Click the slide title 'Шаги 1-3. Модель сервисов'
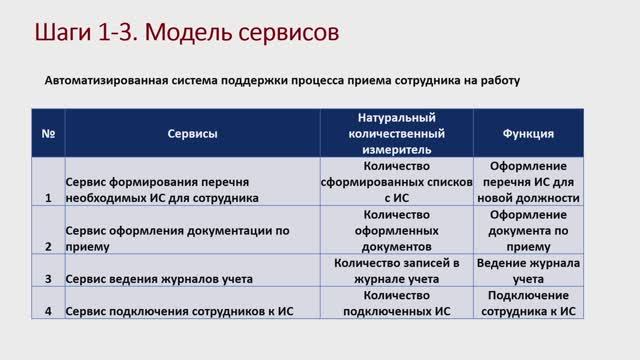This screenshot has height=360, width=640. tap(179, 32)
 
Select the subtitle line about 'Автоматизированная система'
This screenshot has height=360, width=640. tap(282, 79)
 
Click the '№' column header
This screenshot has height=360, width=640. tap(48, 132)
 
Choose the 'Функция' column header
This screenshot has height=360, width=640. tap(529, 132)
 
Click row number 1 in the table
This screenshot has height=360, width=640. tap(48, 197)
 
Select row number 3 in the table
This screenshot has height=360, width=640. tap(48, 278)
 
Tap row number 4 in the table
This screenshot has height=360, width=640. tap(48, 311)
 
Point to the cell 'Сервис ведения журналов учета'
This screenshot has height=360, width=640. tap(159, 278)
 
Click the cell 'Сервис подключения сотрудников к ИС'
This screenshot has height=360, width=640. tap(176, 311)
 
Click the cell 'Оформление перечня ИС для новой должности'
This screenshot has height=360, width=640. tap(529, 181)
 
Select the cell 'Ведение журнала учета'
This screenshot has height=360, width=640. tap(529, 270)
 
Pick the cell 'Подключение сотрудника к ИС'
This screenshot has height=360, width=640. tap(529, 303)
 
